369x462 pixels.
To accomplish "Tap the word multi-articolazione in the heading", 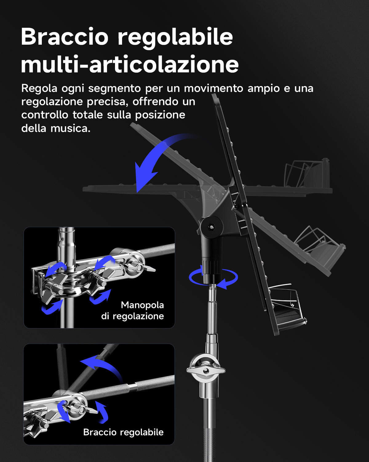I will (x=129, y=64).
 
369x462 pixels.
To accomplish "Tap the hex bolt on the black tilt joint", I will (x=211, y=227).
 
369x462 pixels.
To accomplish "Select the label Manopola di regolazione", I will (x=133, y=310).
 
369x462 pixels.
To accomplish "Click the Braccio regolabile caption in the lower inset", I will (x=123, y=432).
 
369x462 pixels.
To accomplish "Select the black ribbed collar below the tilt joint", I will (x=211, y=267).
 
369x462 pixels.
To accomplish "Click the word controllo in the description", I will (x=45, y=115).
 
